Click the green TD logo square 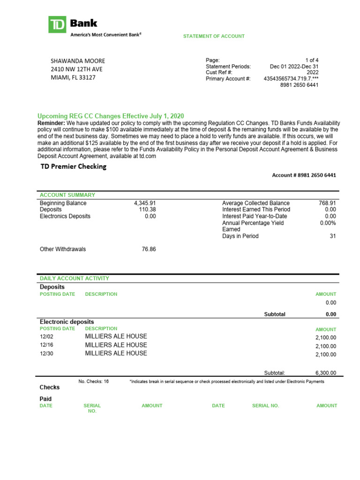58,24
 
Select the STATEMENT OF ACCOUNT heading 214,36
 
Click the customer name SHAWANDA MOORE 78,61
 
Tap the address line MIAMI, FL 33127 73,78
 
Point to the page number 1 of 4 312,60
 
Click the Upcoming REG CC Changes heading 111,116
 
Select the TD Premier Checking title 73,166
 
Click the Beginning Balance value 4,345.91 145,203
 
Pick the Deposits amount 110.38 148,210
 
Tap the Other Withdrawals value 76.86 149,249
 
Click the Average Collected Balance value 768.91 327,203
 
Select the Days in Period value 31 333,236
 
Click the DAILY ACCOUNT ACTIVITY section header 74,278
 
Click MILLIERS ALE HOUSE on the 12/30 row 116,353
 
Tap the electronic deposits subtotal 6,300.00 326,373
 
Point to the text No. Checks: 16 93,382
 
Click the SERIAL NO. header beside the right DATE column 265,406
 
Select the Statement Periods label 228,67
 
